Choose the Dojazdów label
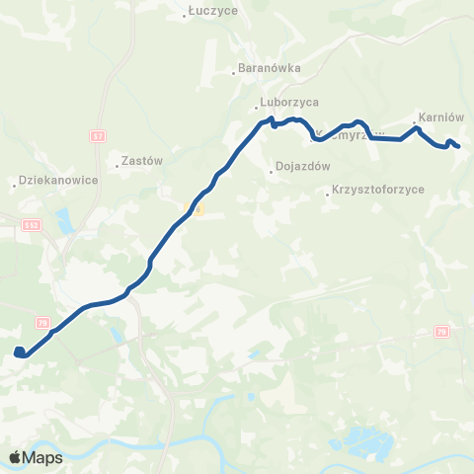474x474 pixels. [303, 167]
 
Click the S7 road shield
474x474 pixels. [97, 135]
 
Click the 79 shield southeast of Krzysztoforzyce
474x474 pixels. [441, 332]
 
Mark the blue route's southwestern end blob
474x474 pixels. [19, 352]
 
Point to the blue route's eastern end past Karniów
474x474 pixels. [457, 147]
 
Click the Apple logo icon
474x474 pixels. [15, 457]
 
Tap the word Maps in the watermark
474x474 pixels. [42, 458]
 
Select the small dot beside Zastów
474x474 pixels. [117, 166]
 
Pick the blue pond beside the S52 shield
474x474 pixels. [64, 218]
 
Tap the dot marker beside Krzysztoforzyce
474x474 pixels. [329, 195]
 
